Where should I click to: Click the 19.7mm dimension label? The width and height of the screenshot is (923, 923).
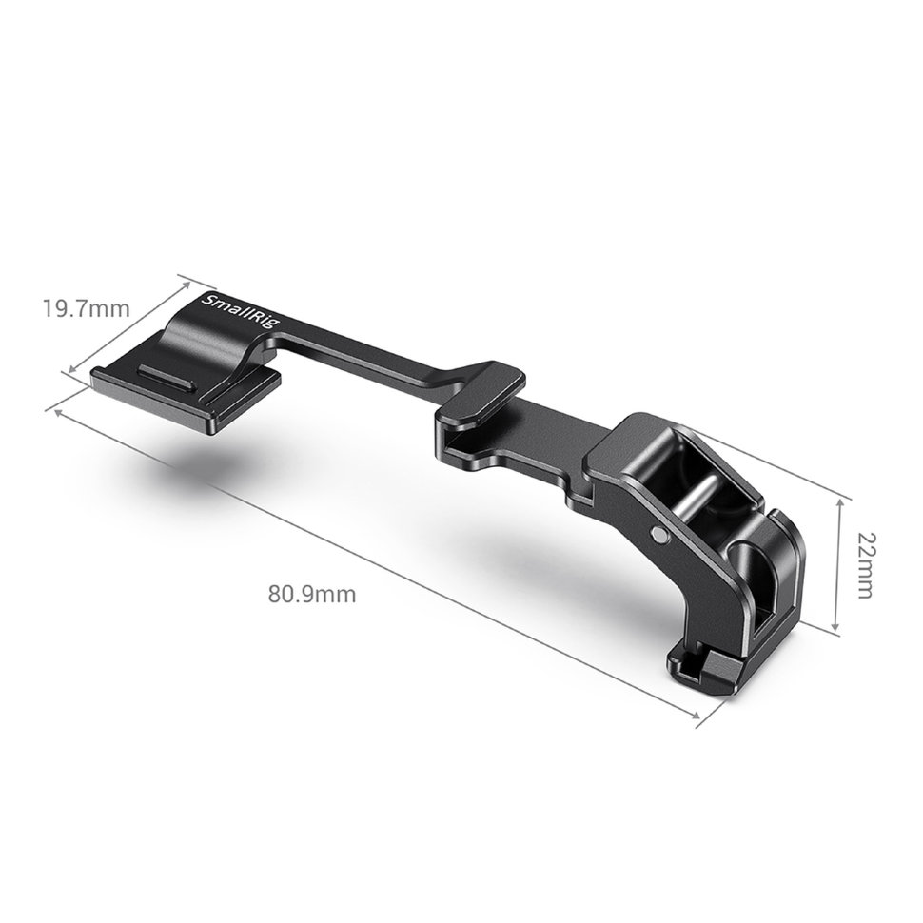pos(86,308)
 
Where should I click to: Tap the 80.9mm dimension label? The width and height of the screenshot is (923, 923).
pos(312,595)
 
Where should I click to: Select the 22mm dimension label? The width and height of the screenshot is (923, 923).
pos(865,565)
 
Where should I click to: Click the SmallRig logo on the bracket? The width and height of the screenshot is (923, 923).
pos(242,316)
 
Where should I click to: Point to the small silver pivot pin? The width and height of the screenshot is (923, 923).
pos(659,533)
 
